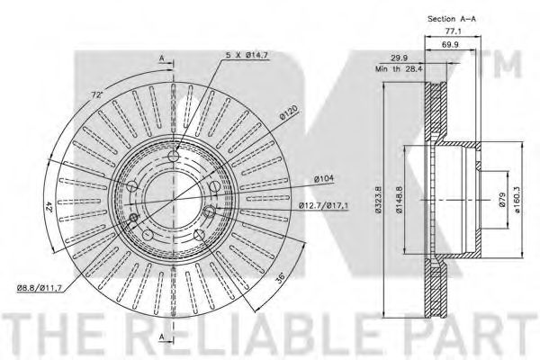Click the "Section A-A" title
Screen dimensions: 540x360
coord(452,19)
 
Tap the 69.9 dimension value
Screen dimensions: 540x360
coord(450,44)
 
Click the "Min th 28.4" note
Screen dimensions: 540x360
coord(399,69)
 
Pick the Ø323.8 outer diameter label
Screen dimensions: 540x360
coord(378,200)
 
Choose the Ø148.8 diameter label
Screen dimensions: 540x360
coord(399,200)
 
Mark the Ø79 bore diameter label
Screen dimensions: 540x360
coord(501,200)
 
